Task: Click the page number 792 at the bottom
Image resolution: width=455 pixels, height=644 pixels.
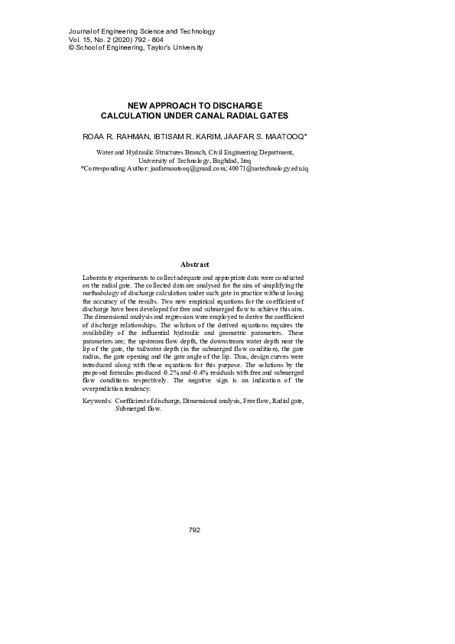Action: coord(193,529)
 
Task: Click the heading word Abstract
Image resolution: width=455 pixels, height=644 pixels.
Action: coord(194,264)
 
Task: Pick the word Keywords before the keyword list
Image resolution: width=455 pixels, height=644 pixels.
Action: coord(96,401)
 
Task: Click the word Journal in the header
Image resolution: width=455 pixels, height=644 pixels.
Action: coord(60,31)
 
